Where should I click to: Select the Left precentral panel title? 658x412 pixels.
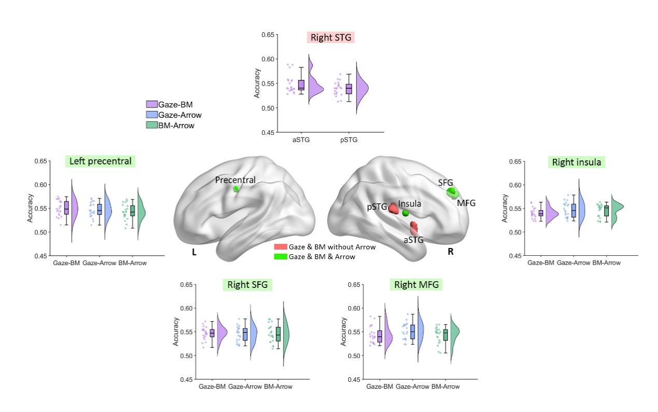click(x=101, y=161)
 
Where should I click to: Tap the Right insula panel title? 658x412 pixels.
click(x=577, y=162)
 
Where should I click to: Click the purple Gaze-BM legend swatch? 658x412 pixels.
click(x=151, y=105)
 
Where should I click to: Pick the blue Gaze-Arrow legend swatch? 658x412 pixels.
click(x=151, y=115)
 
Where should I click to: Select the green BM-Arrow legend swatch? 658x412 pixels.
click(x=151, y=125)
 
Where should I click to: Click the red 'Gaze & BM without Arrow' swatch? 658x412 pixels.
click(x=280, y=248)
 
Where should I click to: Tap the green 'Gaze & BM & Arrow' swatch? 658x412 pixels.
click(x=280, y=256)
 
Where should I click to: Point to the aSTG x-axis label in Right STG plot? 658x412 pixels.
click(x=301, y=140)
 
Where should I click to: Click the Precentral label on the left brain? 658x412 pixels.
click(x=235, y=180)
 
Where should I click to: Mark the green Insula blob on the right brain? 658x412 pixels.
click(x=406, y=213)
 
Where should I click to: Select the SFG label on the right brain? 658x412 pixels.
click(x=445, y=183)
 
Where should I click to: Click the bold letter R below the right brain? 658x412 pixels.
click(x=451, y=252)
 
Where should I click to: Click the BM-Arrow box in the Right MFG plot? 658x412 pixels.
click(x=445, y=335)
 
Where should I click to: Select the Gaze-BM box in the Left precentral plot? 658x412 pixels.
click(x=66, y=208)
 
